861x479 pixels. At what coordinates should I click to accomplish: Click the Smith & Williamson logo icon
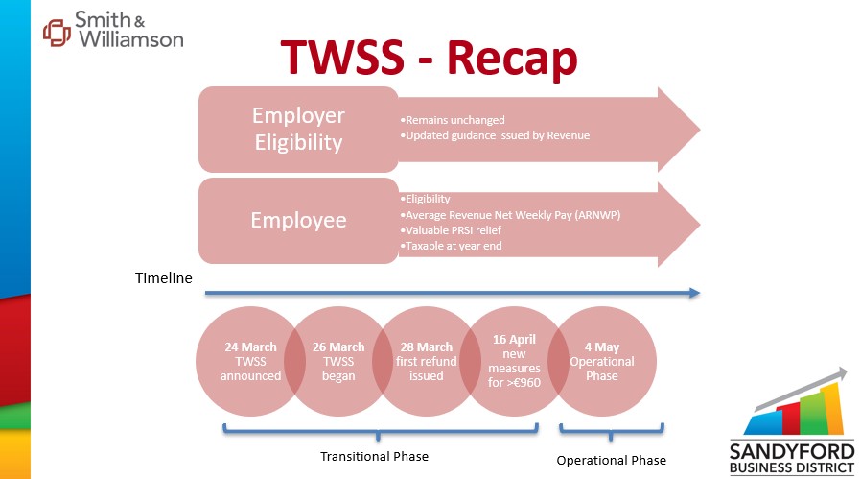coord(58,33)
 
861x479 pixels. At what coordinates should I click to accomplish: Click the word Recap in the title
coord(512,58)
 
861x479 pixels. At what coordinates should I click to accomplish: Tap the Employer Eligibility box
coord(298,130)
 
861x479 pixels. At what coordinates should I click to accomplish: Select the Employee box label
coord(298,220)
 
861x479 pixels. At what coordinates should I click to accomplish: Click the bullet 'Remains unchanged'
coord(453,120)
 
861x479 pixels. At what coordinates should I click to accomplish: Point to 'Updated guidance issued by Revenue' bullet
coord(495,135)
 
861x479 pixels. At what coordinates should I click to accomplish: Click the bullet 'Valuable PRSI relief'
coord(451,230)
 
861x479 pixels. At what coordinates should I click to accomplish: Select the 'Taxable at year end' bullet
coord(451,246)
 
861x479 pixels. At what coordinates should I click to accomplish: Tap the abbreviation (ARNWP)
coord(597,215)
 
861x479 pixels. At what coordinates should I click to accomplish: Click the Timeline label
coord(164,278)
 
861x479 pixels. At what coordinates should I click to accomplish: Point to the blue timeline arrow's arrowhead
coord(694,293)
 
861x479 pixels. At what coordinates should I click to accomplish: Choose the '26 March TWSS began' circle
coord(338,361)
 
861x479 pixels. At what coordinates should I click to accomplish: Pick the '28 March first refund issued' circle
coord(426,361)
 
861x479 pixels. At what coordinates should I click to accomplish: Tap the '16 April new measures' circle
coord(514,361)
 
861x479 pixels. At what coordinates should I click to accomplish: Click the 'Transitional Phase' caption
coord(375,457)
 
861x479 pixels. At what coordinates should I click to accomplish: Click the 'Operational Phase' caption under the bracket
coord(611,461)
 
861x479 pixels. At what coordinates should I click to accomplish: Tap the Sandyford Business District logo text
coord(792,459)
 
